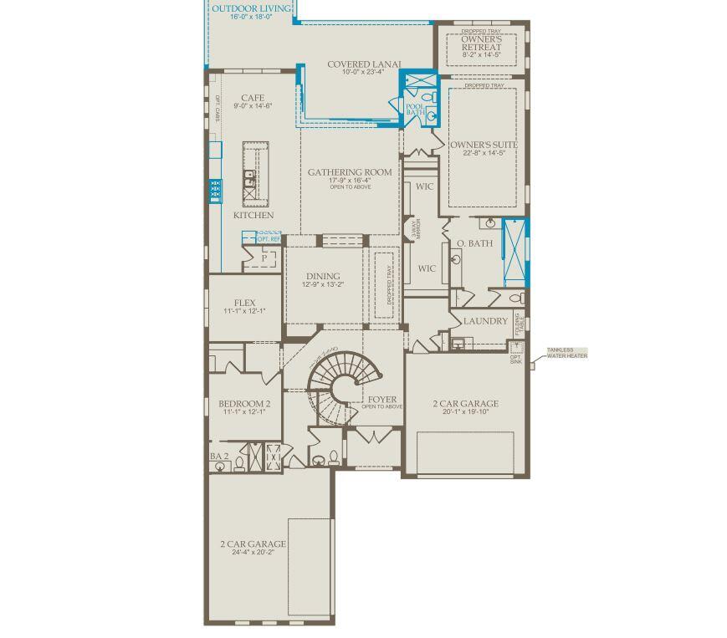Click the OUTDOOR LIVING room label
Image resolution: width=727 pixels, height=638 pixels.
tap(252, 9)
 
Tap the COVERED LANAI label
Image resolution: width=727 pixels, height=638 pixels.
tap(364, 64)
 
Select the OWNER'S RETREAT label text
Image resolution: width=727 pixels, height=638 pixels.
tap(482, 43)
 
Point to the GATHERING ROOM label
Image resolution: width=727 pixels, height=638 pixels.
tap(350, 173)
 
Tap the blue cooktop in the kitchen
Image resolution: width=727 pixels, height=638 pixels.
tap(215, 191)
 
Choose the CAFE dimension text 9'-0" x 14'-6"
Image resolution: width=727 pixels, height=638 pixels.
tap(253, 106)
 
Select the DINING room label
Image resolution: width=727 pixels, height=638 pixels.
tap(323, 276)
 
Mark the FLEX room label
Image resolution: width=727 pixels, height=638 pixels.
tap(244, 303)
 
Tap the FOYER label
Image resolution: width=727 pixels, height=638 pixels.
tap(382, 400)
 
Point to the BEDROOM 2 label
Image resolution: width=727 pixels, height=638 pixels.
tap(244, 404)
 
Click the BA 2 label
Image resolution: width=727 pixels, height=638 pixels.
tap(219, 457)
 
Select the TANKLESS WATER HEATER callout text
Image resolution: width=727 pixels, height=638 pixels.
tap(567, 354)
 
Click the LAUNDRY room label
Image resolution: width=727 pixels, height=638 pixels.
tap(485, 321)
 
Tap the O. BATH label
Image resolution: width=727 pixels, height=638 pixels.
tap(474, 244)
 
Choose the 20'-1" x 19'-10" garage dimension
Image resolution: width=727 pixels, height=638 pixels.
tap(465, 412)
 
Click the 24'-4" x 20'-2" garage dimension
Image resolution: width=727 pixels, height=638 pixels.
tap(253, 552)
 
